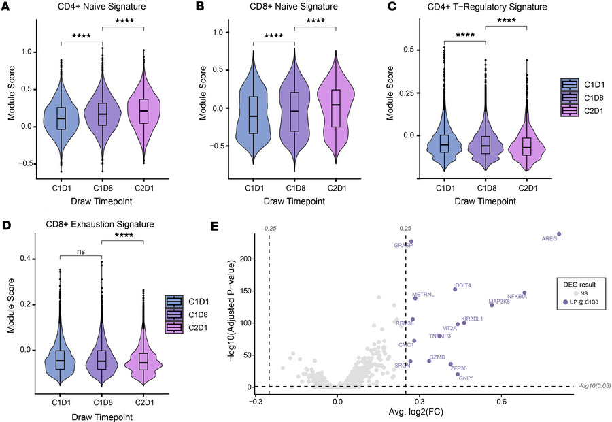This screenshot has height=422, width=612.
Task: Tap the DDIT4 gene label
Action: pos(464,286)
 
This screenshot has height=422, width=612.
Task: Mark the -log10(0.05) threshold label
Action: pos(592,386)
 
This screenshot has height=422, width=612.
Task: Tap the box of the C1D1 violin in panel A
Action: pos(61,118)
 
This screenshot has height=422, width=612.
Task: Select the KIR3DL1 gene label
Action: pos(472,319)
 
